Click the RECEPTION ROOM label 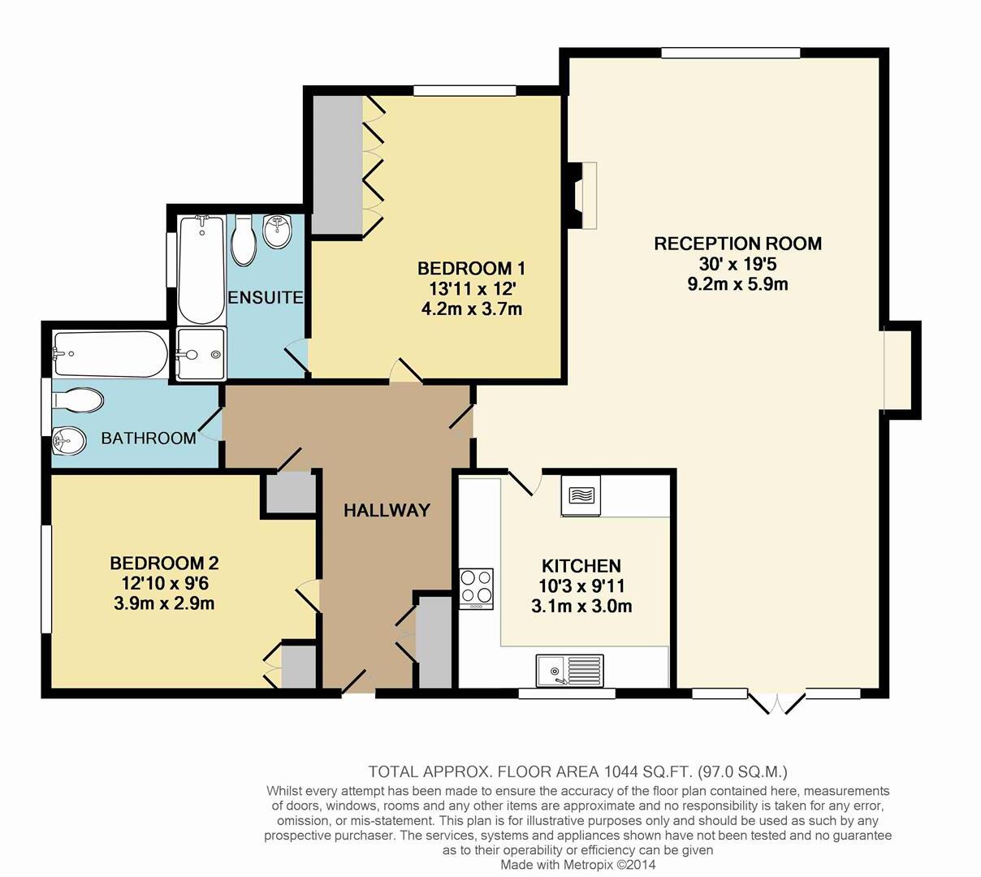(737, 244)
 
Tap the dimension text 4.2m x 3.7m (471, 309)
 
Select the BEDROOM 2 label (165, 563)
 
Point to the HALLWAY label (386, 511)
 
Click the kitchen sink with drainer (569, 671)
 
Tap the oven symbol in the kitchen (580, 495)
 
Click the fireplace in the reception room (582, 195)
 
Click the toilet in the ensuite (244, 241)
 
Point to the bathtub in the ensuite (200, 268)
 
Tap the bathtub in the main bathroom (110, 353)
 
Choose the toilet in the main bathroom (77, 400)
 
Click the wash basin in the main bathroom (69, 443)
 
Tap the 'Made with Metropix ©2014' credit (577, 865)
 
